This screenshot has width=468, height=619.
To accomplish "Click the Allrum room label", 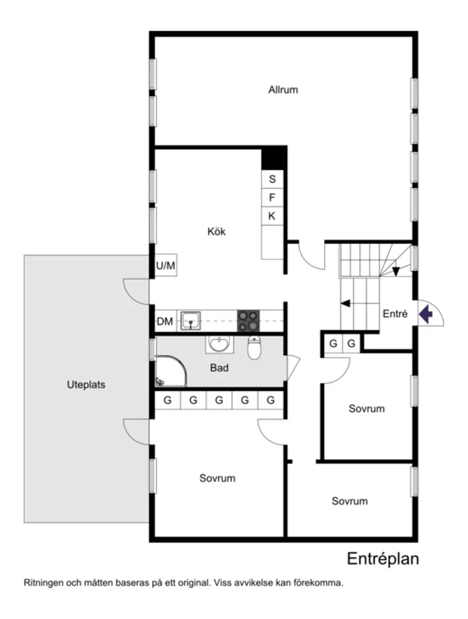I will [283, 89].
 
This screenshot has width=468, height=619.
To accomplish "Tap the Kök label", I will [216, 231].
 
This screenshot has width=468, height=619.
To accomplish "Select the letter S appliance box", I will [272, 180].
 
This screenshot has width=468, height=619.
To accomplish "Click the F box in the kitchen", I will [272, 198].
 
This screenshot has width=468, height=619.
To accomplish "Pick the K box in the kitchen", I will [272, 216].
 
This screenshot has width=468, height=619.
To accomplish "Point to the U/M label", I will [166, 266].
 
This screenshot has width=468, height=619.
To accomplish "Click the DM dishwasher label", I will [165, 322].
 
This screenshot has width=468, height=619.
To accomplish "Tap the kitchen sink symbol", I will [191, 321].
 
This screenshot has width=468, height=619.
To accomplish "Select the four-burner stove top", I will [248, 321].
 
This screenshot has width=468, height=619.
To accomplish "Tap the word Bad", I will [220, 368].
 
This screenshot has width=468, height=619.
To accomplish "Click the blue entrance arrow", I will [426, 313].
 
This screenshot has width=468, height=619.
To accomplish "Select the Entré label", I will [395, 314].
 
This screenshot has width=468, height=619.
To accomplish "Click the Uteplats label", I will [86, 385].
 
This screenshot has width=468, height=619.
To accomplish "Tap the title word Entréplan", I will [383, 559].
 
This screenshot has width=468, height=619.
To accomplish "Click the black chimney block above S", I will [273, 157].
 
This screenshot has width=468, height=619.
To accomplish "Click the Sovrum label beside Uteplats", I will [217, 478].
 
